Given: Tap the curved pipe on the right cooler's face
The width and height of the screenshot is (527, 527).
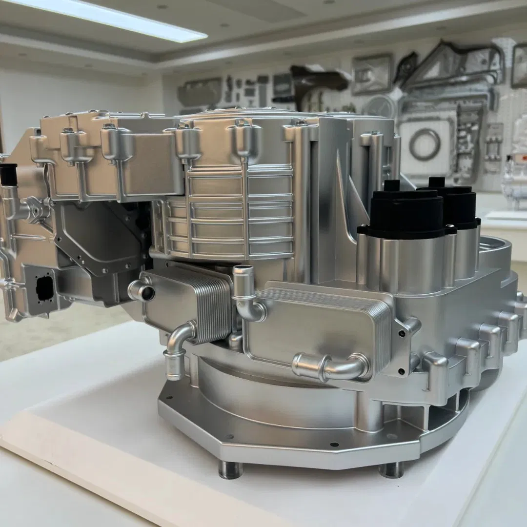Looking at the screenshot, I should pos(332,366).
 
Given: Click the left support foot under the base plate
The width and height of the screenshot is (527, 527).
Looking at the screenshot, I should pos(230,469).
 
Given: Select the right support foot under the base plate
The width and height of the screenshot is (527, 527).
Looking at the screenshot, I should pos(391,469).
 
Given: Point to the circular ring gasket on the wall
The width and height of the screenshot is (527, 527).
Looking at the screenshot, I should pos(425,144).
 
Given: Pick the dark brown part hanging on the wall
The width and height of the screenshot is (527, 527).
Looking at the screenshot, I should pos(312,81).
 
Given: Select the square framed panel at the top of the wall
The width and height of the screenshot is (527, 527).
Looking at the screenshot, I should pos(372,73).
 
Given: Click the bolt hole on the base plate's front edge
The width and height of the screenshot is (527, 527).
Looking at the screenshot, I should pos(334,445).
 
